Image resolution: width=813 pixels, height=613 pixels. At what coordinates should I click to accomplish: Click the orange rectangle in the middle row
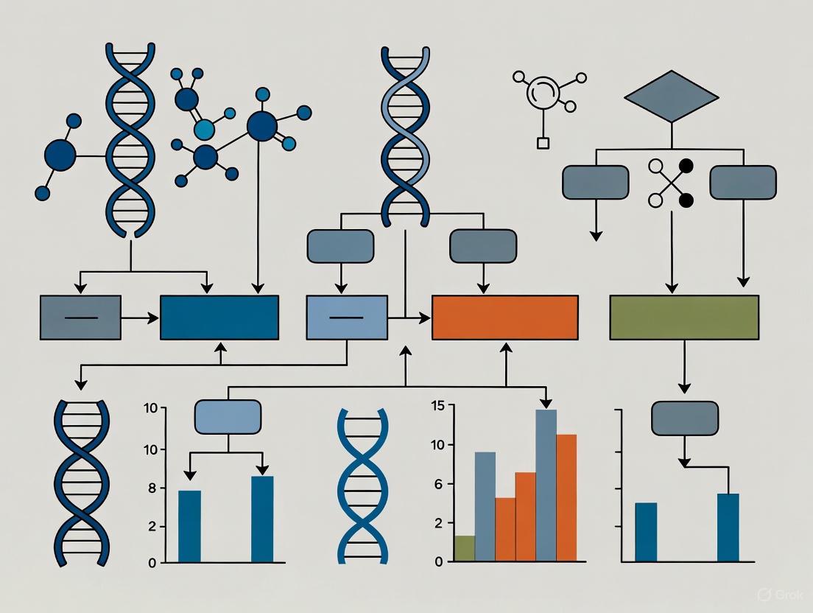click(504, 318)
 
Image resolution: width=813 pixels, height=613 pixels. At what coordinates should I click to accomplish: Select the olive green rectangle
click(684, 318)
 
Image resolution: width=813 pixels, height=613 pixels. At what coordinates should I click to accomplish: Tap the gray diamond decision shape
click(671, 97)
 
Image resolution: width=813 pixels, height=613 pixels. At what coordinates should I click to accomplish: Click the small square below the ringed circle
click(543, 143)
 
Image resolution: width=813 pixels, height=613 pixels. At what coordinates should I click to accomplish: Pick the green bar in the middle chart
click(464, 549)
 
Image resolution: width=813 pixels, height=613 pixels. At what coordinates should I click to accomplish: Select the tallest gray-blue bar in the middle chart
click(546, 486)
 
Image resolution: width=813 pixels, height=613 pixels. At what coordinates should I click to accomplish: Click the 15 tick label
click(437, 405)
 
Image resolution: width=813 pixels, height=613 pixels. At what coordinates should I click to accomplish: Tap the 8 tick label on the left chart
click(152, 488)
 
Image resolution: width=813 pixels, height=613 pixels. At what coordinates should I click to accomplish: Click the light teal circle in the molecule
click(203, 130)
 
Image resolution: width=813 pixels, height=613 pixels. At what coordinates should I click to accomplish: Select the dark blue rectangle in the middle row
click(219, 318)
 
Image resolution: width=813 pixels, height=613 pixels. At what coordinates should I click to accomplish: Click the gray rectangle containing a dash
click(80, 318)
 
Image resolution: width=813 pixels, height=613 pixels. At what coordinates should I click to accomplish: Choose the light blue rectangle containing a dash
click(346, 318)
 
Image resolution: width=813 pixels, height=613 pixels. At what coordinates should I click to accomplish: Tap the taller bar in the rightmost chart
click(728, 528)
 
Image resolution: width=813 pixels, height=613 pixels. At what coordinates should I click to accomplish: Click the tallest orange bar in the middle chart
click(566, 498)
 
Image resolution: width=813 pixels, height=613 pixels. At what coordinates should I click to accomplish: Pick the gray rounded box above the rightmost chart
click(685, 418)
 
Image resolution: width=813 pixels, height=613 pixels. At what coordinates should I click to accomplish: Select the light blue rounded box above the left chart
click(228, 417)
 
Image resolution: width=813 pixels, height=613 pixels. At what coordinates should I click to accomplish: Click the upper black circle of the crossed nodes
click(686, 167)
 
